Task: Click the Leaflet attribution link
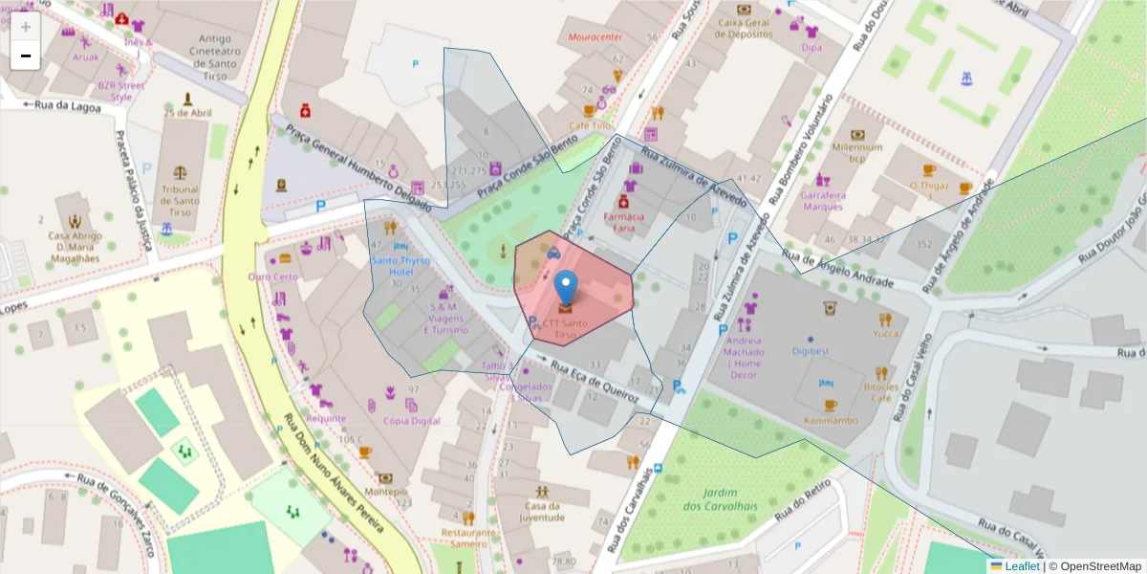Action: coord(1021,566)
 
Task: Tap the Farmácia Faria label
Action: coord(623,223)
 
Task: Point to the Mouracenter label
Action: coord(595,37)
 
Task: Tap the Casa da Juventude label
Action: coord(541,512)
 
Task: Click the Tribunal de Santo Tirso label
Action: coord(180,195)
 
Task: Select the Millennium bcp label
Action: coord(856,153)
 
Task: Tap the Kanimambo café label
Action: coord(830,420)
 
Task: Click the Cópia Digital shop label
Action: coord(411,421)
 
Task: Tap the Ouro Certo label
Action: coord(273,276)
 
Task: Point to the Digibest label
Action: coord(811,351)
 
